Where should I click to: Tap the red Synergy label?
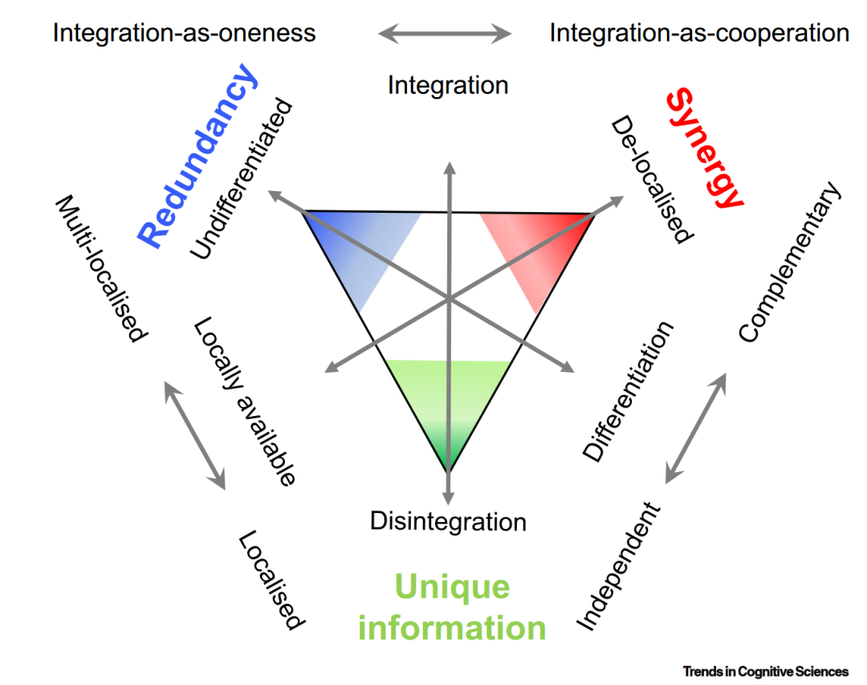[704, 149]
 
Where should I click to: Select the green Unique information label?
[452, 607]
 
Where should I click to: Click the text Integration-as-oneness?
[184, 33]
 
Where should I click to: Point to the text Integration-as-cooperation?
[698, 33]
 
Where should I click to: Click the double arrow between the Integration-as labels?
[445, 34]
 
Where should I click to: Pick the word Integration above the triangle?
[448, 84]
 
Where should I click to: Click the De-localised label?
[650, 179]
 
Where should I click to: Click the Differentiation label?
[628, 392]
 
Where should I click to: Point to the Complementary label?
[789, 263]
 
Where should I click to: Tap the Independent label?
[619, 567]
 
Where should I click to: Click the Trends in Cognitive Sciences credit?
[765, 671]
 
